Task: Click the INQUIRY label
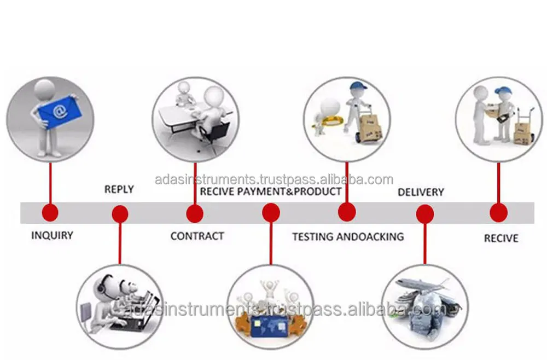pos(52,236)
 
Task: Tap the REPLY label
pos(119,190)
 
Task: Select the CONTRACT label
pos(197,236)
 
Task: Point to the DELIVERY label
pos(421,192)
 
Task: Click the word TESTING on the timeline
pos(313,236)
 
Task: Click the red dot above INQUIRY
pos(50,213)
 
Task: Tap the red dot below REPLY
pos(120,213)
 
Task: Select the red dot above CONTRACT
pos(195,213)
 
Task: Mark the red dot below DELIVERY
pos(425,213)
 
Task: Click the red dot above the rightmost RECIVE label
pos(498,213)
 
